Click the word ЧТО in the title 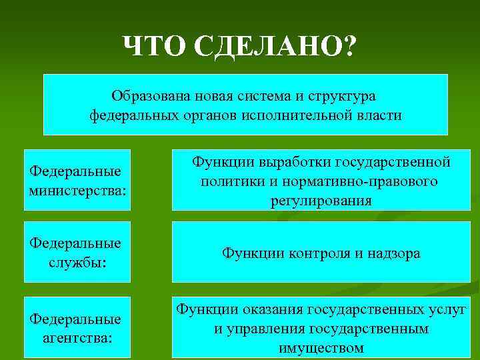pos(155,46)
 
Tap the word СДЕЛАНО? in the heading pos(275,46)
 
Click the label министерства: pos(77,191)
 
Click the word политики pos(230,181)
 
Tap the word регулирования pos(321,201)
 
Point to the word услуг pos(446,310)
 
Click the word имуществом pos(321,348)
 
